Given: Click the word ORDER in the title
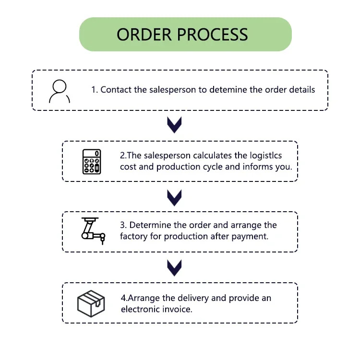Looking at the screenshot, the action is point(144,35).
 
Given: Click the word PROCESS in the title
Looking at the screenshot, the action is point(212,35).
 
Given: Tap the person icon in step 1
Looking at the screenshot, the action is point(60,91).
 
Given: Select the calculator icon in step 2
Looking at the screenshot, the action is point(92,162).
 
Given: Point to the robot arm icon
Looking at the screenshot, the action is point(93,231).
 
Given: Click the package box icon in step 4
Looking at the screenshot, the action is point(91,303).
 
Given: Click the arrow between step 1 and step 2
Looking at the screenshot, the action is point(174,125).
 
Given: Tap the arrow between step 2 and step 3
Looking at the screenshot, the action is point(174,198).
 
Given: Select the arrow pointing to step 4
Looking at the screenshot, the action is point(174,268).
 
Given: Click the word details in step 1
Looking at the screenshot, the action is point(302,90).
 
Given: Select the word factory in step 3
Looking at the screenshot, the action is point(133,237).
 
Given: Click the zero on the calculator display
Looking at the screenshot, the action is point(97,154).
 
